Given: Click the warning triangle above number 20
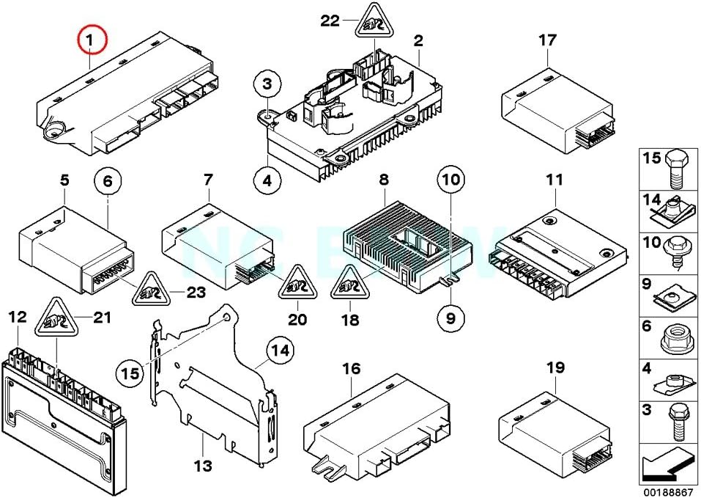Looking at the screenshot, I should pyautogui.click(x=297, y=283).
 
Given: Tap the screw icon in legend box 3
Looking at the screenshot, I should pyautogui.click(x=673, y=423).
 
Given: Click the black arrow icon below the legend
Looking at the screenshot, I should pyautogui.click(x=666, y=464).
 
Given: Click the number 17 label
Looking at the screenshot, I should pyautogui.click(x=547, y=41).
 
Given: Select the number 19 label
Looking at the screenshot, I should pyautogui.click(x=556, y=367).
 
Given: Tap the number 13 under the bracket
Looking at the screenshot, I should pyautogui.click(x=203, y=466).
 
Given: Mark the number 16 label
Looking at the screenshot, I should pyautogui.click(x=352, y=369).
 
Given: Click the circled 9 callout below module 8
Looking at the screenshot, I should pyautogui.click(x=450, y=318).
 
